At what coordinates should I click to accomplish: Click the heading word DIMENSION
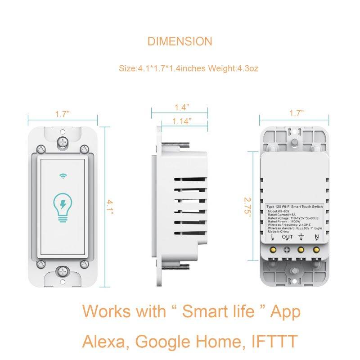point(180,41)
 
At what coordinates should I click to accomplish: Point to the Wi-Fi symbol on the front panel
point(63,176)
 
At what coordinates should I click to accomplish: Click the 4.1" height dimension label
point(109,208)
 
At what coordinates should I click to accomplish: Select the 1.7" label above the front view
point(63,114)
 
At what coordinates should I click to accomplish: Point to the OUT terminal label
point(287,237)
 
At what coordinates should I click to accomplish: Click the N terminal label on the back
point(317,237)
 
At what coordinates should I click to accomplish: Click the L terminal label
point(273,237)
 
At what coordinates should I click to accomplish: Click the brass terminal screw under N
point(317,248)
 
